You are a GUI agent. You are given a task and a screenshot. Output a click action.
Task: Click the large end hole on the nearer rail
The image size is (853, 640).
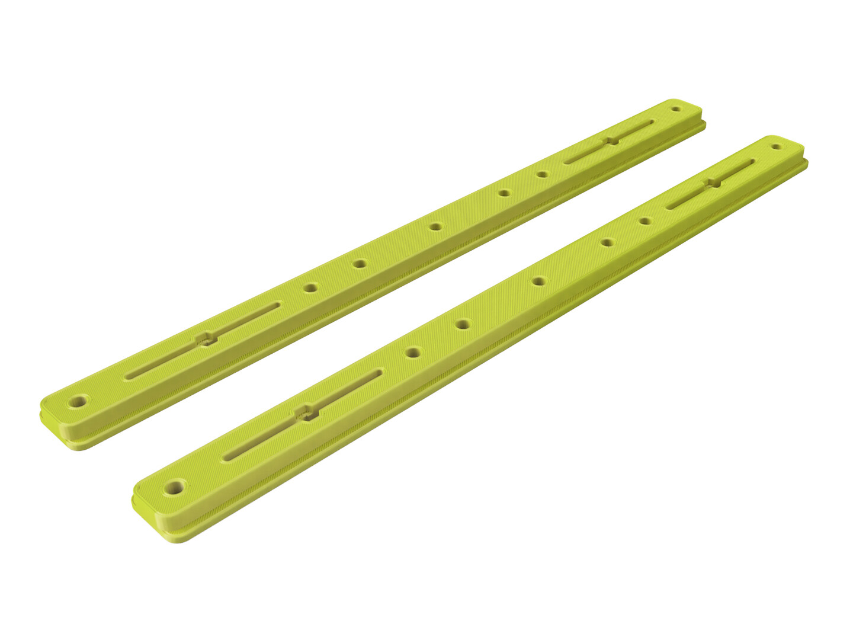(x=174, y=489)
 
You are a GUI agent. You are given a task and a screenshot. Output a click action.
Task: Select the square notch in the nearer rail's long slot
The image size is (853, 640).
(x=306, y=412)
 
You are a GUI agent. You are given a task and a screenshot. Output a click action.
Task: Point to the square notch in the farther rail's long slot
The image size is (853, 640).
(x=206, y=339)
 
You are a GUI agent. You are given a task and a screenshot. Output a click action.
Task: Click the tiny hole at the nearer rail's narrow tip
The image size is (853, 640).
(x=775, y=146)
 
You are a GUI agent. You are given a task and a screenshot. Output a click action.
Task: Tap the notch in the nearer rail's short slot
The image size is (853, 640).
(x=711, y=183)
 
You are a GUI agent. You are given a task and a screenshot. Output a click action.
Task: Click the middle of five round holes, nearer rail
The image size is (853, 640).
(x=538, y=281)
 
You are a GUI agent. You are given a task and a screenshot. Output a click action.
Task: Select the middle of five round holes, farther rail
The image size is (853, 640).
(x=436, y=226)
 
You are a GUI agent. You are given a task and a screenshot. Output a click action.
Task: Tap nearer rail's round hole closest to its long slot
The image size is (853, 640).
(x=412, y=353)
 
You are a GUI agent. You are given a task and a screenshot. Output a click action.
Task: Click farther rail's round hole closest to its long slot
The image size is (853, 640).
(x=310, y=288)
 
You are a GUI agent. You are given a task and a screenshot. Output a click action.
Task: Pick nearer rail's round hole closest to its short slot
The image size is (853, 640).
(x=645, y=221)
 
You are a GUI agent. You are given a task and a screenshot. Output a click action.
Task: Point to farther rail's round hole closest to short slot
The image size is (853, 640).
(x=541, y=174)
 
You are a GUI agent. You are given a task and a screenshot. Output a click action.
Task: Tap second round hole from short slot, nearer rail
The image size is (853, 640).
(x=607, y=242)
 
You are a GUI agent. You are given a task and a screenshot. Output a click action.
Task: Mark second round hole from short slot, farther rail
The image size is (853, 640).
(x=504, y=193)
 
